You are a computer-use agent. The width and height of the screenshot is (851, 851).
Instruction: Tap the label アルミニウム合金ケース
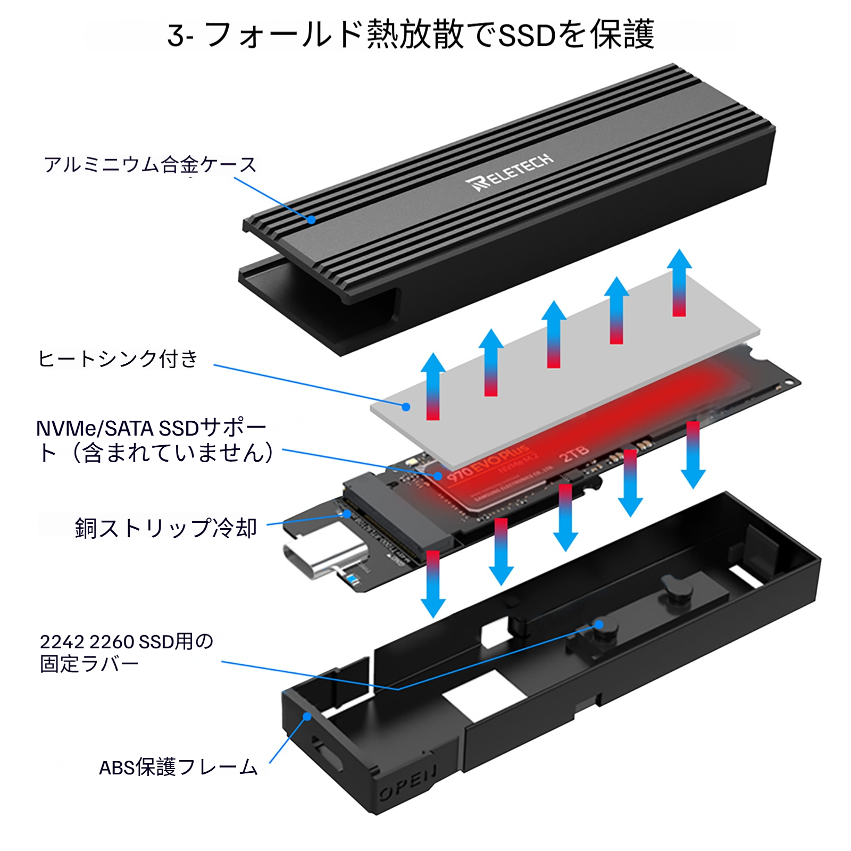click(150, 165)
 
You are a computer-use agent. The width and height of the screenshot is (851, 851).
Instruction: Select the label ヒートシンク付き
click(118, 359)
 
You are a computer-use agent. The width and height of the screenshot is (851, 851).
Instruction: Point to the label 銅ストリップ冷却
click(166, 528)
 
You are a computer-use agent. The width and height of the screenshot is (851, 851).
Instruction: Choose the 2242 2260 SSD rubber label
click(126, 653)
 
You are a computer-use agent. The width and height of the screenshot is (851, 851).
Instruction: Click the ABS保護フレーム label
click(178, 767)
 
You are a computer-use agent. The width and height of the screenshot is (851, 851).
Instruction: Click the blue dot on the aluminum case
click(312, 219)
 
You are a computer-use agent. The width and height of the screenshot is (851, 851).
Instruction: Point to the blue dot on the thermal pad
click(406, 407)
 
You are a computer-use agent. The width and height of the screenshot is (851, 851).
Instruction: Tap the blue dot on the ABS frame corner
click(307, 716)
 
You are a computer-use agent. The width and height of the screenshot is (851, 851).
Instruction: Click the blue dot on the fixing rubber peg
click(599, 624)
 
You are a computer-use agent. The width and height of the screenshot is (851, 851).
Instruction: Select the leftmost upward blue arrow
click(433, 386)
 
